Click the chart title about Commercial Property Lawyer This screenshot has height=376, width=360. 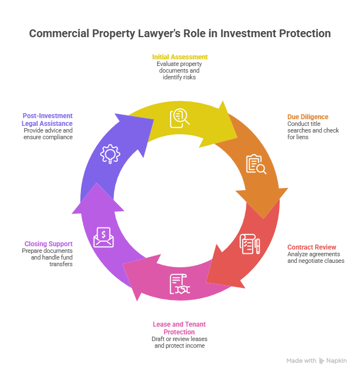point(179,34)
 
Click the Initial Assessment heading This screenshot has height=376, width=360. point(180,57)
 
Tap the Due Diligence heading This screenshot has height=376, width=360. point(307,116)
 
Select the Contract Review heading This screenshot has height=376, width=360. point(312,247)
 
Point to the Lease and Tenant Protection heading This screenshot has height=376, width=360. point(180,328)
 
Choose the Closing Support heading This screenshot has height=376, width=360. point(48,243)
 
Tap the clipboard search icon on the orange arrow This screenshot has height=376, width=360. point(256,164)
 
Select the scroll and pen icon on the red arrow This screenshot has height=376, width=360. point(249,244)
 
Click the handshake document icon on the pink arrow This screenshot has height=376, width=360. point(180,284)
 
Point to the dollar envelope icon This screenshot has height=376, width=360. point(104,237)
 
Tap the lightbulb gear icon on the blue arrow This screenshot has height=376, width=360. point(109,153)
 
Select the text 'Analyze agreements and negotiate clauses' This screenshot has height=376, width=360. point(316,257)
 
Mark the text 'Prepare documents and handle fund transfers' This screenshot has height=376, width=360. point(48,257)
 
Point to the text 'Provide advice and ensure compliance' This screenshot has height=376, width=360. point(48,133)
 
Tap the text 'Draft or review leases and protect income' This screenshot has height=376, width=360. point(180,342)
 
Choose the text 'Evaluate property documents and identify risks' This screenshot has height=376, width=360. point(180,70)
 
